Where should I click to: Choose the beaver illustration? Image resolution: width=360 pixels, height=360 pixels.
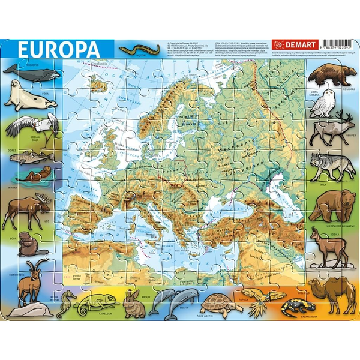27,242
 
